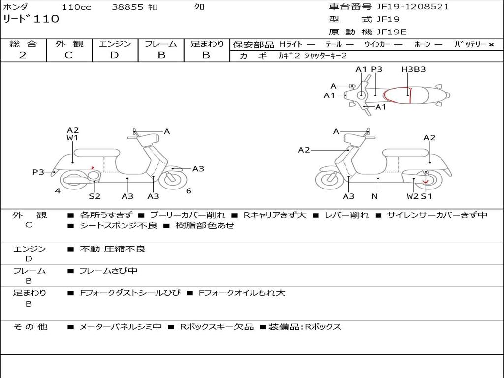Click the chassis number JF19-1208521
coord(406,7)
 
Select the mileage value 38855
coord(128,7)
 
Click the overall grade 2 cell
coord(23,55)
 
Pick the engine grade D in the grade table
coord(114,55)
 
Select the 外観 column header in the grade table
coord(69,44)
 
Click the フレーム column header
coord(161,44)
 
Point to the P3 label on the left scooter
coord(38,172)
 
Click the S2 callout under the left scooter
coord(94,196)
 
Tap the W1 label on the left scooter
coord(72,138)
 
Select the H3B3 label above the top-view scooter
coord(413,69)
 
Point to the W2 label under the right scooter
coord(412,196)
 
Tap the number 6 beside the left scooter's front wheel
coord(189,191)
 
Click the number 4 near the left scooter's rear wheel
coord(58,191)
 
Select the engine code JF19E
coord(391,32)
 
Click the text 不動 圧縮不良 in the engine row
coord(113,249)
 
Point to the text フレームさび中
coord(108,271)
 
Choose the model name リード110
coord(31,19)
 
